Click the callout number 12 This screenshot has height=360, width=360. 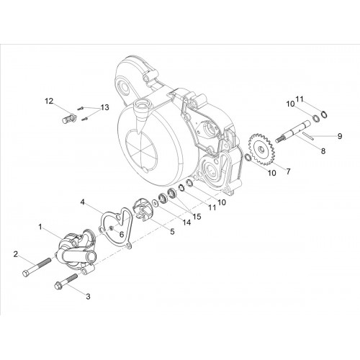(49, 101)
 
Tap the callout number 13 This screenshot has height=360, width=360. (105, 107)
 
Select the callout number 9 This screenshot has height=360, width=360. (340, 136)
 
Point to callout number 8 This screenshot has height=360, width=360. (323, 151)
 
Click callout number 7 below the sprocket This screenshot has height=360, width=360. (288, 171)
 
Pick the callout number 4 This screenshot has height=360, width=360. (83, 202)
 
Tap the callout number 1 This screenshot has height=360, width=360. (40, 227)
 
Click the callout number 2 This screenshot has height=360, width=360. (16, 254)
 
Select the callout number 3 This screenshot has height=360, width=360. (88, 297)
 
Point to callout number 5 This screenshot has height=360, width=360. (172, 232)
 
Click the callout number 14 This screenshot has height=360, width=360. (186, 222)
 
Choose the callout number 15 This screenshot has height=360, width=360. (197, 217)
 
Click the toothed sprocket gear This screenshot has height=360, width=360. (261, 149)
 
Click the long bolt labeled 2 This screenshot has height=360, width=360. (37, 268)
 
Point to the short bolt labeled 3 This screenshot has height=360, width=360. (66, 282)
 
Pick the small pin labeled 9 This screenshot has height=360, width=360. (308, 135)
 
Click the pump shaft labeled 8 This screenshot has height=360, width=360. (293, 132)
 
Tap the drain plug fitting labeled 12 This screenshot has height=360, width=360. (69, 118)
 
